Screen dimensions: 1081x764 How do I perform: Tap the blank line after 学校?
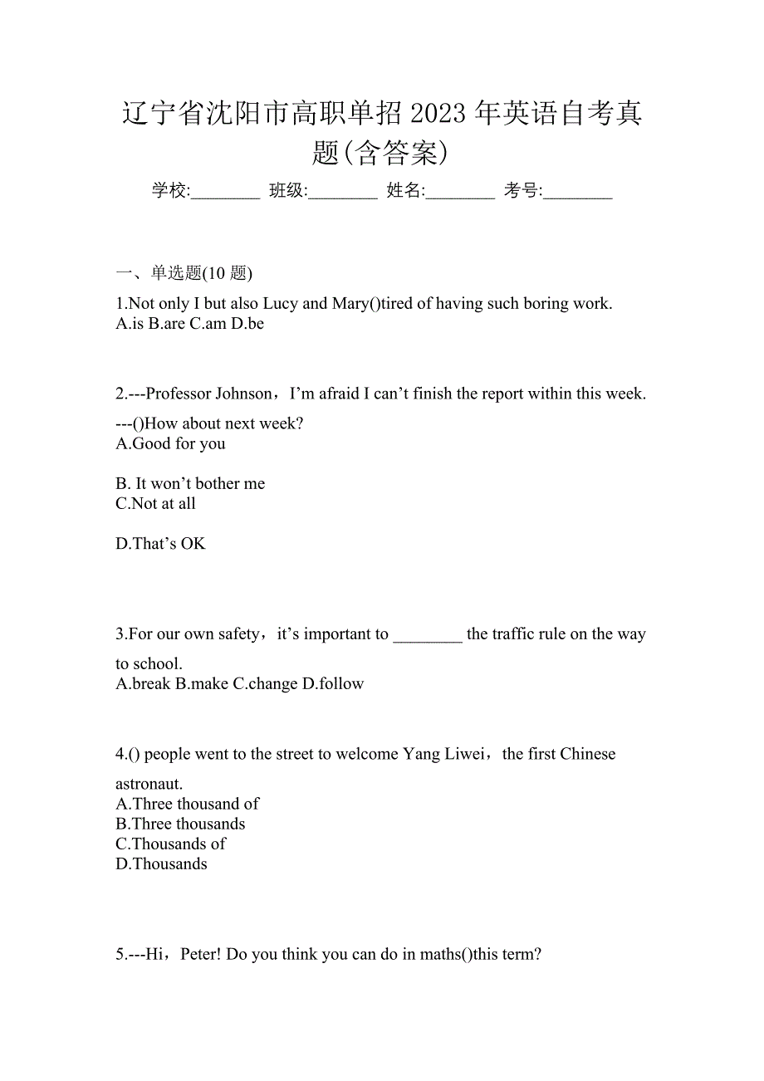[226, 193]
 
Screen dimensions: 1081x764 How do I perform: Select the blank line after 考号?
[579, 193]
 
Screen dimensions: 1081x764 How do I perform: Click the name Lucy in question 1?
[281, 304]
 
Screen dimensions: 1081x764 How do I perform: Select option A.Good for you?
[171, 443]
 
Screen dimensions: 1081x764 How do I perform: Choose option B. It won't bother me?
[190, 483]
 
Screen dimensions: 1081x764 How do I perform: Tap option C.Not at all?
[156, 503]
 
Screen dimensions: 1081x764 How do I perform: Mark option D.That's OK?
[160, 544]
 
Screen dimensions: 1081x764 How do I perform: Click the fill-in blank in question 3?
[427, 635]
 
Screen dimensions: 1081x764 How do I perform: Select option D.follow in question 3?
[333, 684]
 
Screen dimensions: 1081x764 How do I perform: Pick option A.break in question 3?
[144, 684]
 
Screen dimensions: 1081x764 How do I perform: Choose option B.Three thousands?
[181, 824]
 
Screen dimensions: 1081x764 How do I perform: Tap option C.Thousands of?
[171, 844]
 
